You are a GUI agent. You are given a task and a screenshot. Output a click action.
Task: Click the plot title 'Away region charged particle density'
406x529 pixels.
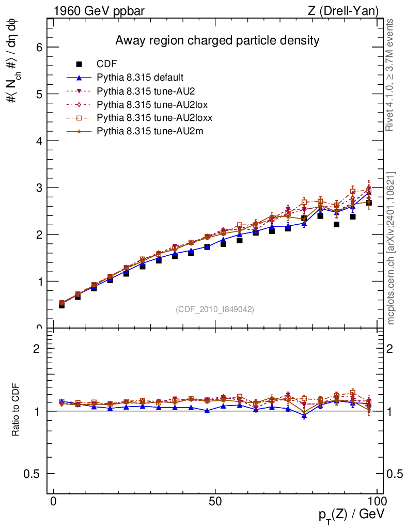tap(217, 40)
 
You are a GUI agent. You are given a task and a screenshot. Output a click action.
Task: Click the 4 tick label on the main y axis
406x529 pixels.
tap(38, 141)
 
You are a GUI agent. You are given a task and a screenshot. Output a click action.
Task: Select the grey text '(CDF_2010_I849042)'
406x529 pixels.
tap(215, 309)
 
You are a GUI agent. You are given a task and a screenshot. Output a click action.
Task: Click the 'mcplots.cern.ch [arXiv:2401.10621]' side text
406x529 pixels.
tap(391, 248)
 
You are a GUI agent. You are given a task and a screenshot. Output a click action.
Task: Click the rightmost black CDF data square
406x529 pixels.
tap(369, 203)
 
